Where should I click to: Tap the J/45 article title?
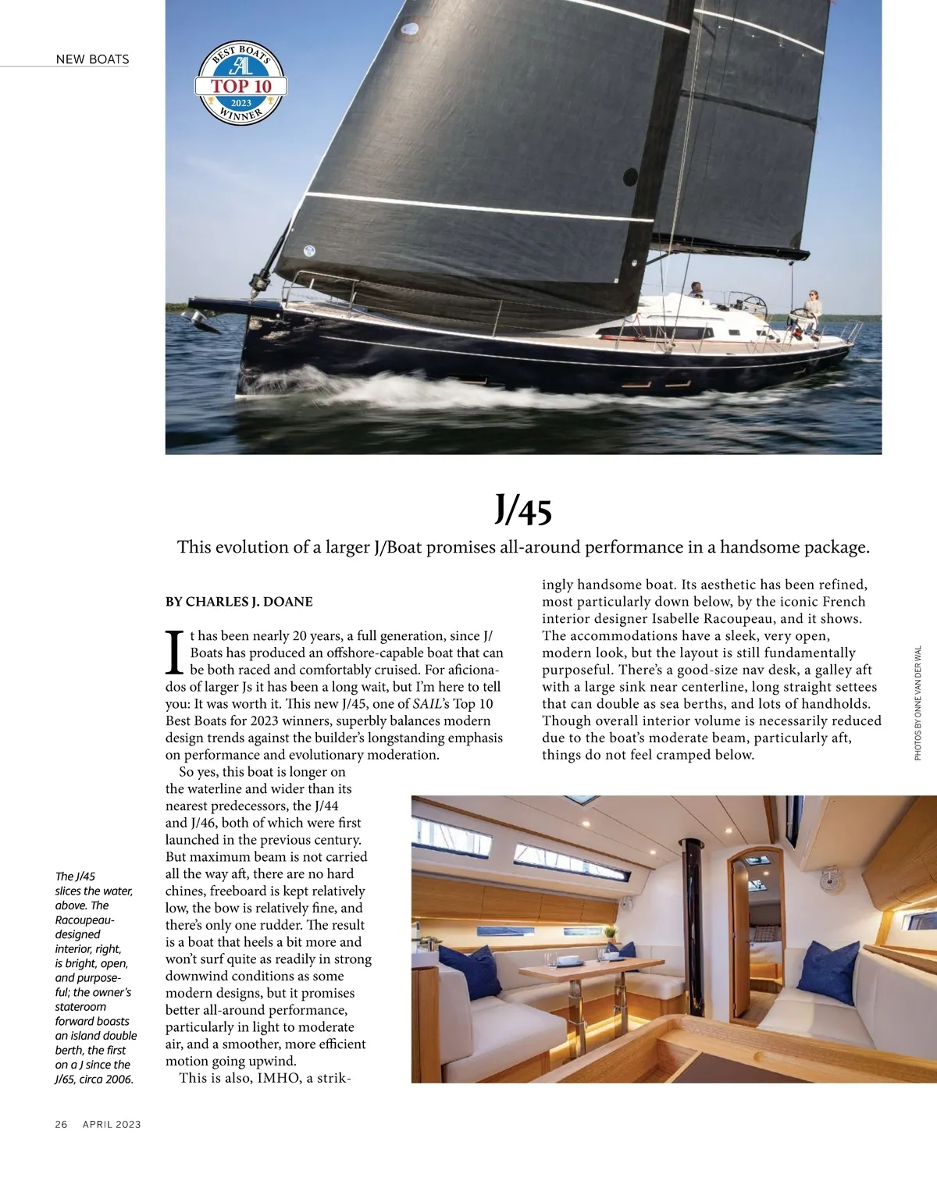coord(523,510)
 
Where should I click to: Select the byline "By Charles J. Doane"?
coord(239,602)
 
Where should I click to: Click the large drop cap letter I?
coord(176,653)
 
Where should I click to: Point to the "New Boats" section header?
coord(92,59)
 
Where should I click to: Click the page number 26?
coord(61,1124)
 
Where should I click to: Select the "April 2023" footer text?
coord(112,1124)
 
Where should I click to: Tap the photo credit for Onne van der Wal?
coord(917,703)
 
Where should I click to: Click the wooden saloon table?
coord(590,969)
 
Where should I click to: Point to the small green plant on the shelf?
coord(611,932)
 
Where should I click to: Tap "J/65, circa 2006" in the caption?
coord(94,1080)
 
